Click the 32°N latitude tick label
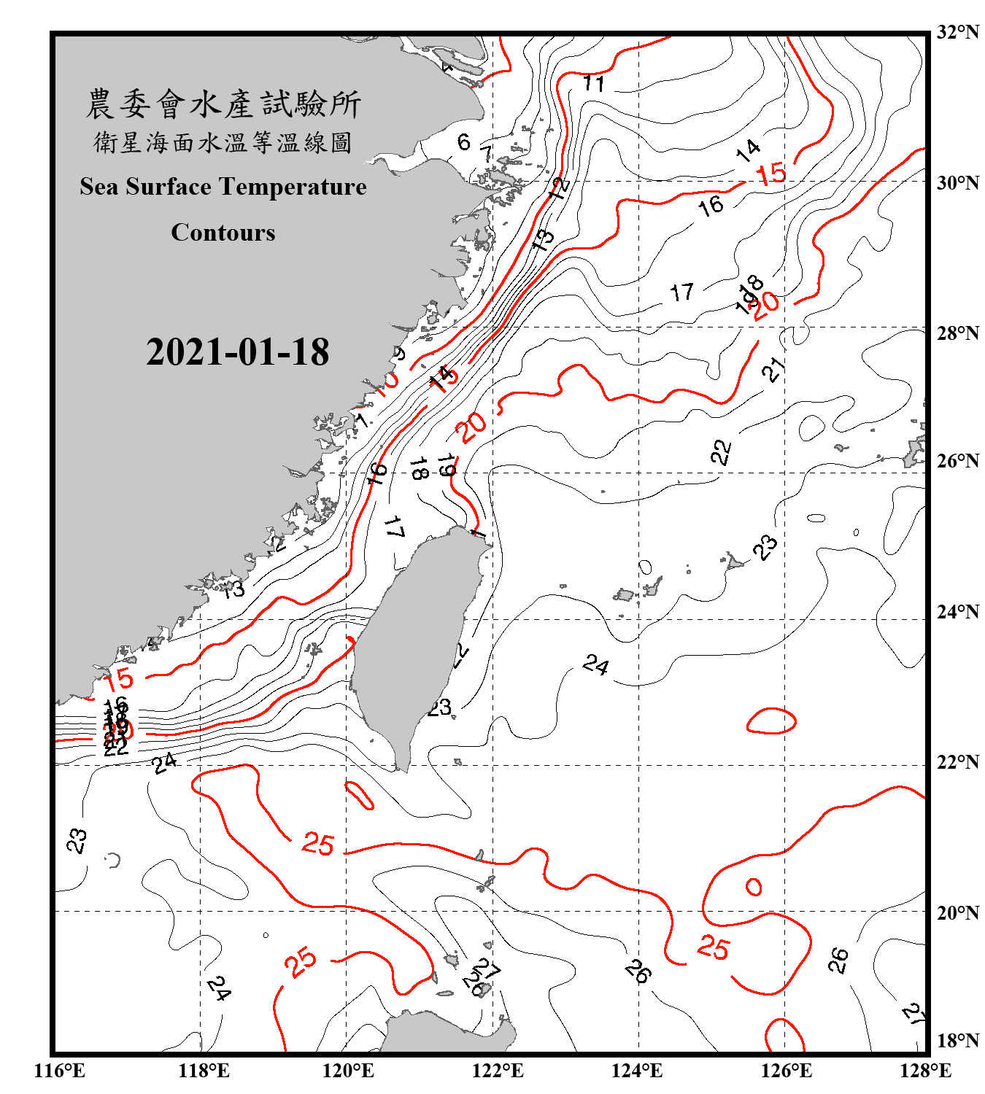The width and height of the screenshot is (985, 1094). [957, 32]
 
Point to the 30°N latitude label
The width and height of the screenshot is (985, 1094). [957, 182]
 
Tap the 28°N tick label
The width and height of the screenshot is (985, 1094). [957, 333]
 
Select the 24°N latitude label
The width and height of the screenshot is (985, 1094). [957, 611]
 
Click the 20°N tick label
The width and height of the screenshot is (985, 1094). [957, 912]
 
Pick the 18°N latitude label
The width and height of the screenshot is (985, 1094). [957, 1040]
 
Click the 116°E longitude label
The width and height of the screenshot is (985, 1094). [60, 1071]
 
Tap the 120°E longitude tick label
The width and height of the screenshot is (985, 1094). [348, 1071]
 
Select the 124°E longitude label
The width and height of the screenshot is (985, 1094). [637, 1071]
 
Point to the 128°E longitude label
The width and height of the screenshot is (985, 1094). [925, 1071]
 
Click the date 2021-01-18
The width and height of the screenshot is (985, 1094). [237, 352]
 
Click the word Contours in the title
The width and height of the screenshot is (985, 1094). [223, 233]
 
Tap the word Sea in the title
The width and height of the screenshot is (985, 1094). [99, 187]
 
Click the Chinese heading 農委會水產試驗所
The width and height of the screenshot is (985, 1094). [223, 104]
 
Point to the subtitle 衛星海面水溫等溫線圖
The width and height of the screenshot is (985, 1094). [223, 142]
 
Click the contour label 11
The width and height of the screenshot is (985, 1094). [594, 84]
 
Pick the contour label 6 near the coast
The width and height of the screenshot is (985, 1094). [464, 141]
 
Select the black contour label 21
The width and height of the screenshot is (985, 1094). [773, 369]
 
